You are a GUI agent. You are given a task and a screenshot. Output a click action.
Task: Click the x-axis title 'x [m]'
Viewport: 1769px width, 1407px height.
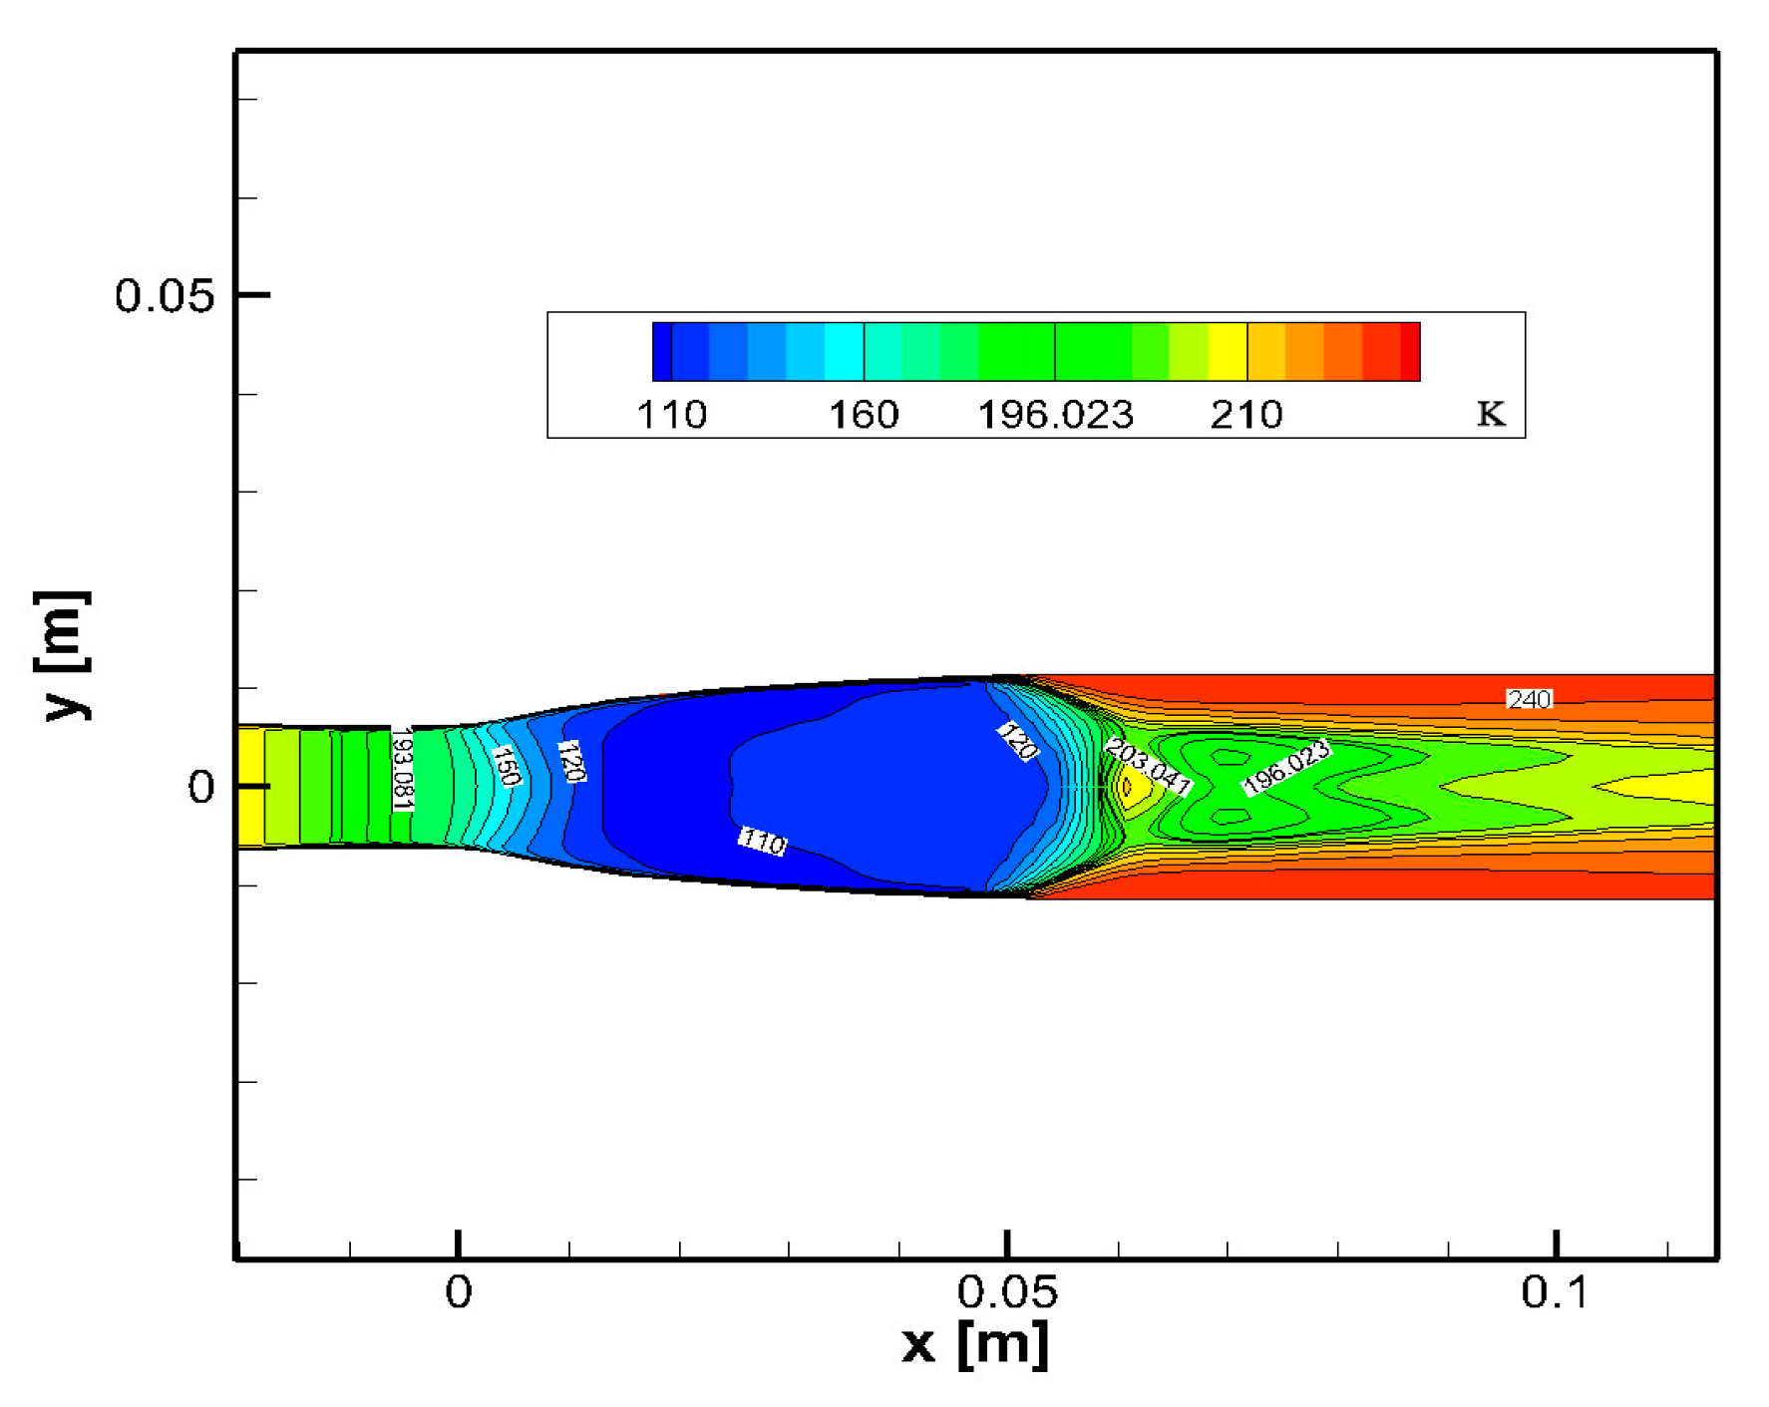point(974,1343)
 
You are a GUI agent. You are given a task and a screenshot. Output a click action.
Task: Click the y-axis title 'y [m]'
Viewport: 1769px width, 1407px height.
point(64,655)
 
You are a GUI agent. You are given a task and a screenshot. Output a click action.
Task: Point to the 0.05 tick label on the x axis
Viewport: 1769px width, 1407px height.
point(1006,1292)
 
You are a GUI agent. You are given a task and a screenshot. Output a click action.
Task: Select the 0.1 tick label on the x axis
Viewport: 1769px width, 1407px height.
point(1555,1292)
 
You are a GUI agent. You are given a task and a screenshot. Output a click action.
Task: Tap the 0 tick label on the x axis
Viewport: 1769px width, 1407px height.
point(458,1292)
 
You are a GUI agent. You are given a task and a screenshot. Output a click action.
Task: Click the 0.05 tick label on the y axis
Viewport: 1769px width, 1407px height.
point(165,296)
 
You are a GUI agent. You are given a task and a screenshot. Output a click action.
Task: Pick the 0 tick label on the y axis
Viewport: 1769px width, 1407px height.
point(200,788)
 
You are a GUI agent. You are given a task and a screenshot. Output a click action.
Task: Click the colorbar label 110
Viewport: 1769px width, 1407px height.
point(671,415)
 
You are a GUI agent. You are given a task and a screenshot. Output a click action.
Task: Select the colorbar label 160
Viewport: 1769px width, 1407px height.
point(864,415)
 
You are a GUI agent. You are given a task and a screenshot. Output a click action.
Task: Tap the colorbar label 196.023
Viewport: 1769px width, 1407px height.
point(1055,415)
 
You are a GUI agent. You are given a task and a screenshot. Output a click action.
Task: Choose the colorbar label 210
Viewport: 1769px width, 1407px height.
point(1246,415)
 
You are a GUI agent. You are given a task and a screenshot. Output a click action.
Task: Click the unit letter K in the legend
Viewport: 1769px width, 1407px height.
point(1491,413)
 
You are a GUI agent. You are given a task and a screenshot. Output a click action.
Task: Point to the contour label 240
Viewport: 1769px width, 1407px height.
point(1529,699)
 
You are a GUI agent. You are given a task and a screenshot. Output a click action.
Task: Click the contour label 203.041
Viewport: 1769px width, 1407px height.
point(1148,767)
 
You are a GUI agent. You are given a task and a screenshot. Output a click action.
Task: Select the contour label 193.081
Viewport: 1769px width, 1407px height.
point(402,769)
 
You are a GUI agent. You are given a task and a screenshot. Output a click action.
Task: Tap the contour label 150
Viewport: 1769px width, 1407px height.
point(507,766)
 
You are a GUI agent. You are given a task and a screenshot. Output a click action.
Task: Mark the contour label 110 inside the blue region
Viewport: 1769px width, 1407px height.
point(763,843)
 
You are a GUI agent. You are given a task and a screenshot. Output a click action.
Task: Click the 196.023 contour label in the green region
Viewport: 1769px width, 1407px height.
point(1286,767)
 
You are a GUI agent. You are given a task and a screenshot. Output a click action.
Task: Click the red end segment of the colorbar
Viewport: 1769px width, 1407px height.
point(1409,351)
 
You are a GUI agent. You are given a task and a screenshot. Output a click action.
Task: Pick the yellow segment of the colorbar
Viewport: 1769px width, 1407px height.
point(1228,351)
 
